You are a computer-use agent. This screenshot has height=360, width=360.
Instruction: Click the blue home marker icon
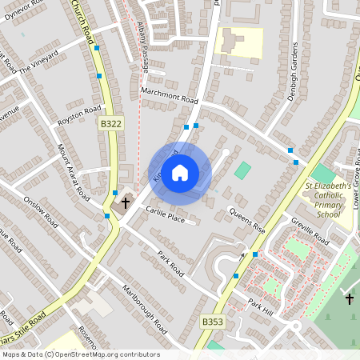(180, 173)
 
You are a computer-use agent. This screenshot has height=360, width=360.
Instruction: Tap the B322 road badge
(111, 124)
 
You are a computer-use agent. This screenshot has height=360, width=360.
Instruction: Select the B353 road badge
(212, 322)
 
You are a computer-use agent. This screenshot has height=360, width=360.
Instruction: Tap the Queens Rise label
(246, 220)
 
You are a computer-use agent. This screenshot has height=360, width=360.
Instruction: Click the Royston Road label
(79, 114)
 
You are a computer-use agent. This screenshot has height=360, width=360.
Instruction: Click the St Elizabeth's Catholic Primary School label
(327, 200)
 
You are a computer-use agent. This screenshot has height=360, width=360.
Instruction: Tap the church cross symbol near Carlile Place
(124, 204)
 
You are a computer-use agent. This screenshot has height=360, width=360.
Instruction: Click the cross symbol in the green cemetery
(349, 298)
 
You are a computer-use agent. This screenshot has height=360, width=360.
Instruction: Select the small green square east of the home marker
(242, 170)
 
